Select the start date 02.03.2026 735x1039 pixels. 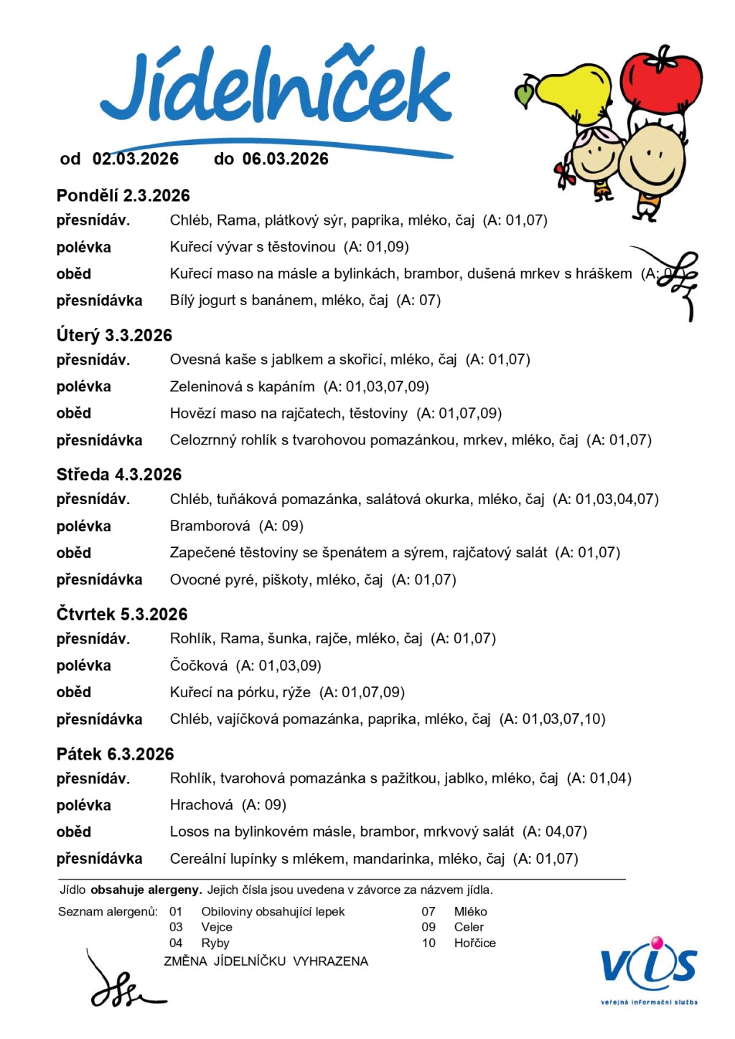tap(136, 159)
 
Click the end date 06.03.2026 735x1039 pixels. tap(285, 159)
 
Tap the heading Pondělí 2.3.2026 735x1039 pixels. tap(123, 195)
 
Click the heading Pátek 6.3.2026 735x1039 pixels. tap(116, 754)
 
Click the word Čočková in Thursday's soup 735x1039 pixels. tap(199, 666)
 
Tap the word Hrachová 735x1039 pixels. tap(202, 805)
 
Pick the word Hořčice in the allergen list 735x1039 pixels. tap(474, 943)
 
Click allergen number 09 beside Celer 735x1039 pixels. tap(429, 927)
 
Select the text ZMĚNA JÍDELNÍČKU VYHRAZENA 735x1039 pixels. tap(266, 961)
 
